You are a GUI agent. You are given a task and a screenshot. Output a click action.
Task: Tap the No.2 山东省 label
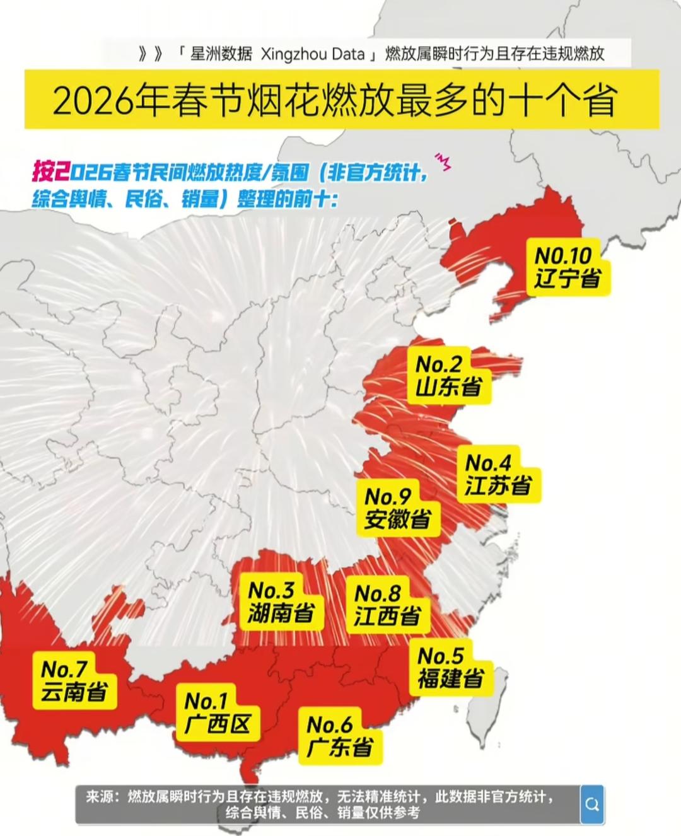click(x=448, y=375)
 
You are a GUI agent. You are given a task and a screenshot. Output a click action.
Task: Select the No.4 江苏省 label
click(x=498, y=474)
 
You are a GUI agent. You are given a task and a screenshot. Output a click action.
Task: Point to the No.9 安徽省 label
click(x=398, y=508)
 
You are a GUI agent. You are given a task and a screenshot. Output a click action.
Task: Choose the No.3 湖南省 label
click(x=280, y=601)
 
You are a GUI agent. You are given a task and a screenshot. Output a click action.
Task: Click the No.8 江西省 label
click(x=387, y=605)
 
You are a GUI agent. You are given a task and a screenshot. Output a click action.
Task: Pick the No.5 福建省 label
click(x=450, y=667)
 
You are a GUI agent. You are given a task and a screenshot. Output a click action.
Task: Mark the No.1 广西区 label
click(x=216, y=712)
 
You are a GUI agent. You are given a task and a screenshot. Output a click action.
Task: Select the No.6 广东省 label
click(x=339, y=736)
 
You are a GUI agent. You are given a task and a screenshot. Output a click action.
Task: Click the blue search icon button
click(x=591, y=804)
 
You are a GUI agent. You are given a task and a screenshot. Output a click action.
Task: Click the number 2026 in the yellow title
click(x=93, y=101)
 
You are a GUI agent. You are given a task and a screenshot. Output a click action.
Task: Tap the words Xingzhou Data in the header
click(x=311, y=54)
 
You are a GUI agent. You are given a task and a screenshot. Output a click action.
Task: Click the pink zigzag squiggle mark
click(x=444, y=161)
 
